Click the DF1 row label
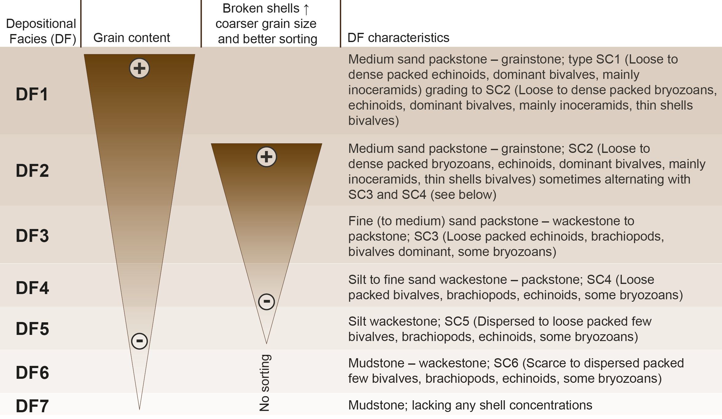[x=32, y=94]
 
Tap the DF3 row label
[x=32, y=235]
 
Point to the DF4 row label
[x=32, y=288]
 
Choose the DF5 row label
[x=32, y=328]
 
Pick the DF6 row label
[x=32, y=372]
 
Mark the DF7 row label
[x=32, y=406]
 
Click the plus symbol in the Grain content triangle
[x=139, y=68]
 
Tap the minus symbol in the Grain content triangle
[x=139, y=341]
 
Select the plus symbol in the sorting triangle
[x=266, y=157]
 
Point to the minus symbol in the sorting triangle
[x=266, y=301]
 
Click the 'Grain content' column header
[x=132, y=38]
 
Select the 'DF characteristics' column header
[x=398, y=38]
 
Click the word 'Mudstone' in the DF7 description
[x=376, y=405]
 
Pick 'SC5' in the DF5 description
[x=457, y=321]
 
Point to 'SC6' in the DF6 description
[x=506, y=363]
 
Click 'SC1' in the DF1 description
[x=608, y=59]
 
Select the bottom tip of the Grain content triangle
[x=139, y=409]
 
